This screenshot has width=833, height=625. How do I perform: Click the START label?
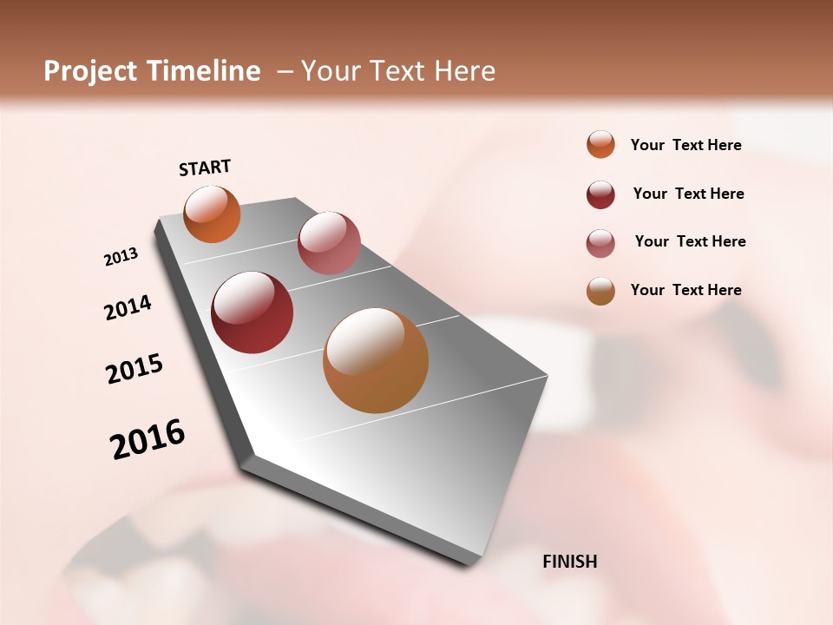tap(205, 168)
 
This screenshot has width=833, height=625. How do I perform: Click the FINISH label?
tap(569, 562)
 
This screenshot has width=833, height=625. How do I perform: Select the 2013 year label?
tap(121, 257)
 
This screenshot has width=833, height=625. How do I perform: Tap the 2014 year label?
tap(128, 307)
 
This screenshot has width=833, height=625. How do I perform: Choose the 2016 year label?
tap(148, 438)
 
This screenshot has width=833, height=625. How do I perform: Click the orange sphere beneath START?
tap(213, 214)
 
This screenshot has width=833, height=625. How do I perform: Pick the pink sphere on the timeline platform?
tap(329, 243)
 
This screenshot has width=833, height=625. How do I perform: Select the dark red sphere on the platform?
tap(253, 312)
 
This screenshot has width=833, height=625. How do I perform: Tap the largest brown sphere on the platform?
tap(376, 360)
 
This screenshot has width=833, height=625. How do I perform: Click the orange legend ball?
tap(600, 144)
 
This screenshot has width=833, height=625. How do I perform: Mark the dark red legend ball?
tap(600, 194)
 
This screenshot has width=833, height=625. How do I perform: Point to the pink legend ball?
tap(600, 243)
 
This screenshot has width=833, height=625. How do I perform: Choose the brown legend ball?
tap(600, 291)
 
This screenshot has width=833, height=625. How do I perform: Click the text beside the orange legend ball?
tap(685, 146)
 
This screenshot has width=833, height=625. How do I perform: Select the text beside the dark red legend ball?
tap(688, 194)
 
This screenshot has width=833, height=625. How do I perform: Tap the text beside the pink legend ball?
tap(690, 241)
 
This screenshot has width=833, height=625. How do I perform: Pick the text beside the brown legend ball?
tap(685, 290)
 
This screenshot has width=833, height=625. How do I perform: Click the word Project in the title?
tap(90, 71)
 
